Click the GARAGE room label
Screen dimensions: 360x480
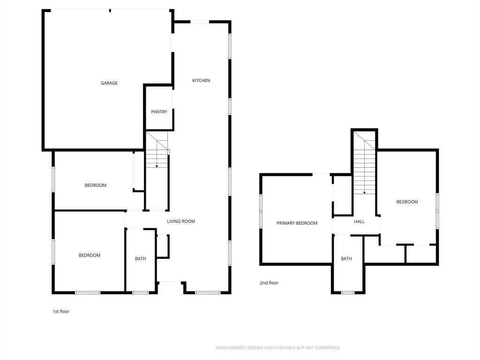[109, 83]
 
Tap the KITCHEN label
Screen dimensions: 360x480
[201, 81]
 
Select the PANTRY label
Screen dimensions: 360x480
[159, 112]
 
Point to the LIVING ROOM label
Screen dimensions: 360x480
[181, 221]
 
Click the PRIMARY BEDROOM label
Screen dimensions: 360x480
[297, 223]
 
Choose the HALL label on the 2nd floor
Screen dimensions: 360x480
[359, 222]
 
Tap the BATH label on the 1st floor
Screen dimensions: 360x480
[140, 259]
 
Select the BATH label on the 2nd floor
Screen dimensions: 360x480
[346, 259]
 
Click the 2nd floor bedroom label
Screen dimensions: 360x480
[407, 202]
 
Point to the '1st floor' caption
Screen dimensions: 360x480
[61, 311]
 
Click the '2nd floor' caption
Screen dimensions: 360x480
[269, 283]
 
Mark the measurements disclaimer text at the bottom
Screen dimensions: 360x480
[278, 348]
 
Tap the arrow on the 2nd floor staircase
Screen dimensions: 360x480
[364, 192]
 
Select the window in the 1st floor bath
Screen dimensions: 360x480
[141, 293]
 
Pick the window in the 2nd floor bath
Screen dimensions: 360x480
[347, 293]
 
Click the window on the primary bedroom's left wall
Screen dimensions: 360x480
[261, 211]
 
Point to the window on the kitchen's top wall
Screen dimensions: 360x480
[200, 22]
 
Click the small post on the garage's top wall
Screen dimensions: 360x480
[110, 10]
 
